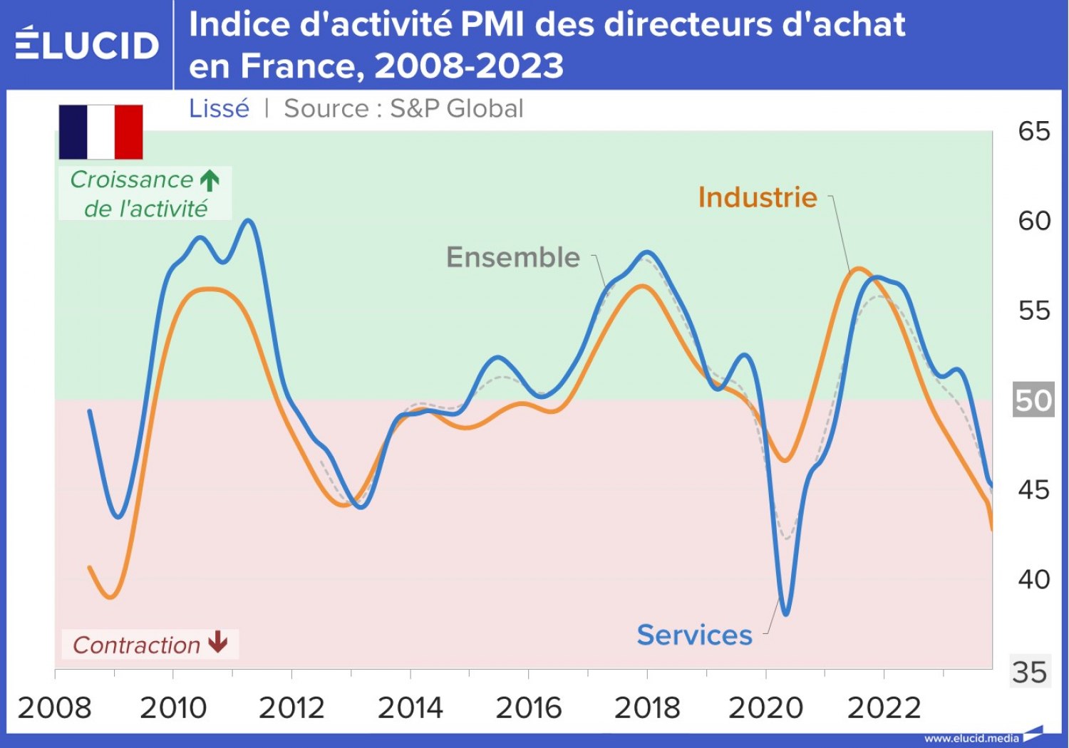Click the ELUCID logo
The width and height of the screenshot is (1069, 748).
click(x=86, y=44)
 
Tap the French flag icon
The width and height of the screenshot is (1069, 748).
click(x=100, y=132)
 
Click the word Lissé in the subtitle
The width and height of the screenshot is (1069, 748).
click(x=219, y=109)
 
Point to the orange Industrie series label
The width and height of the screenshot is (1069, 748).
click(x=757, y=197)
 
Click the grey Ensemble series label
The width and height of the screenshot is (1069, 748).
click(x=512, y=257)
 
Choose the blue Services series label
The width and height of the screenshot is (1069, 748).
click(x=694, y=635)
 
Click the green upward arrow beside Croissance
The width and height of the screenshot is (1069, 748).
click(x=210, y=180)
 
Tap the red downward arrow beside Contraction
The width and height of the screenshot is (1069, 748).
click(x=218, y=643)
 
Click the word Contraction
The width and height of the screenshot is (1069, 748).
click(x=136, y=645)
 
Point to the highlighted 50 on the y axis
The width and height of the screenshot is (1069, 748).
click(x=1033, y=400)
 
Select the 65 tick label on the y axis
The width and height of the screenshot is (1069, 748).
click(x=1033, y=132)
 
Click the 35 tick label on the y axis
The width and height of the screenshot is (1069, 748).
click(x=1030, y=672)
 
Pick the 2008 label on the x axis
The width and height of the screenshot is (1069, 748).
click(x=55, y=708)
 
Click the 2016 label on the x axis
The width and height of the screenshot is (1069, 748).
click(x=528, y=708)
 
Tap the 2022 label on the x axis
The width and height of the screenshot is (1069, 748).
click(x=884, y=708)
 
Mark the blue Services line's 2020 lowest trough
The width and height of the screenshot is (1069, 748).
click(x=785, y=613)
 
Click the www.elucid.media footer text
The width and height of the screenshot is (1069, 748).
click(x=971, y=739)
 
